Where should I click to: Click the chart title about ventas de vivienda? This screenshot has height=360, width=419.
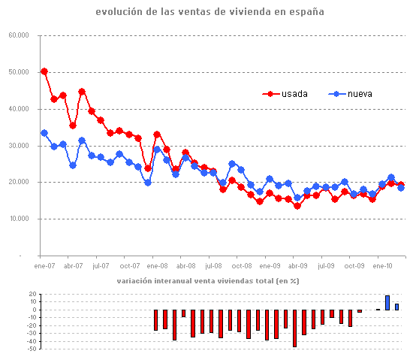[x=209, y=13]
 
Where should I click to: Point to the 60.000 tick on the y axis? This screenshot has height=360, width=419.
[x=19, y=35]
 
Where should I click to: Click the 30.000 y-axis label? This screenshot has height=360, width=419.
[x=19, y=146]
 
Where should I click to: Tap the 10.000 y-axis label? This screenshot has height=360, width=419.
[x=19, y=219]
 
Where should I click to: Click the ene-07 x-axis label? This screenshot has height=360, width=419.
[x=44, y=265]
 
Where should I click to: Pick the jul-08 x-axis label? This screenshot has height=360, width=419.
[x=213, y=265]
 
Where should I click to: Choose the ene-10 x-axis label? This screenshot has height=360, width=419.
[x=383, y=265]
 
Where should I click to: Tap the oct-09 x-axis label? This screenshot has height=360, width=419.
[x=354, y=265]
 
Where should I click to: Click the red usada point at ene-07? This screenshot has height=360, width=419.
[x=44, y=71]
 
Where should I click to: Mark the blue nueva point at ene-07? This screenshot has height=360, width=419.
[x=44, y=133]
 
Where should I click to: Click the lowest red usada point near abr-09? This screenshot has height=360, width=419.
[x=297, y=206]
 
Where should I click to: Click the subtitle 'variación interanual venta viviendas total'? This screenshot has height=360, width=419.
[x=207, y=281]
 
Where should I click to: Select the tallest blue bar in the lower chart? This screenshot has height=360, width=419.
[x=387, y=302]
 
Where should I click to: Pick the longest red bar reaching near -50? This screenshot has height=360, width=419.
[x=295, y=328]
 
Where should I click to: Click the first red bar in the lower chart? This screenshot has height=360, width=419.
[x=155, y=319]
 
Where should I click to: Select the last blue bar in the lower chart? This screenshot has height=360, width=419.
[x=396, y=307]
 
